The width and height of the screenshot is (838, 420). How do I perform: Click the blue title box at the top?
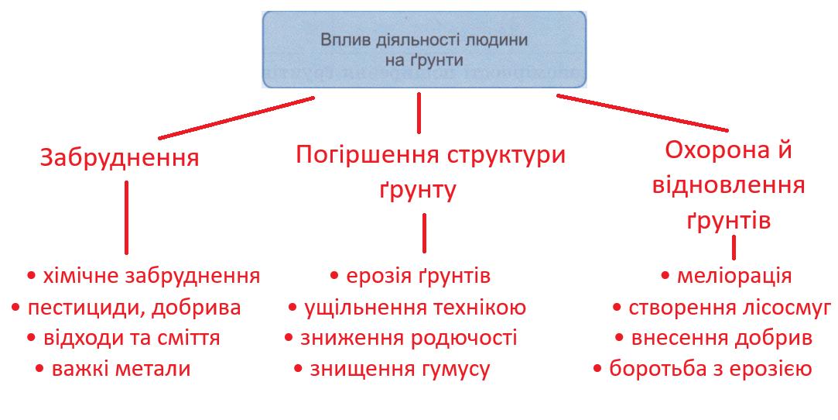(x=424, y=49)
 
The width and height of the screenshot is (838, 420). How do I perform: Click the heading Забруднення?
(x=119, y=158)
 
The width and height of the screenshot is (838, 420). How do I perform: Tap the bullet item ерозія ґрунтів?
(x=410, y=276)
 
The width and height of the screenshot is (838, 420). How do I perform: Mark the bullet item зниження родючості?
(x=400, y=339)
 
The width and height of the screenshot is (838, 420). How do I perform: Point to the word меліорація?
(x=734, y=276)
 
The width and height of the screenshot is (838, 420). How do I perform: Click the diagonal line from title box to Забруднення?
(x=236, y=118)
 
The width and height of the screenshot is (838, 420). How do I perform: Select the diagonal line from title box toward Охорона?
(x=642, y=113)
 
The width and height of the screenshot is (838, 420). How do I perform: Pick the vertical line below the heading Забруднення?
(x=126, y=217)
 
